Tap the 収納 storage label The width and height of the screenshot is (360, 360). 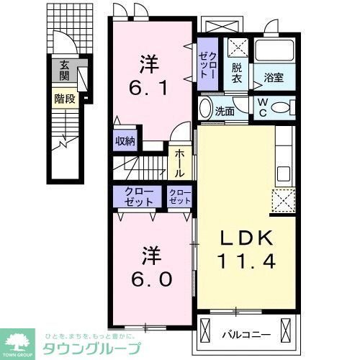(x=125, y=141)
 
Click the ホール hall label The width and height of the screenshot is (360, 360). (x=180, y=163)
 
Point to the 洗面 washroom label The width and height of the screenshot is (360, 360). (x=225, y=111)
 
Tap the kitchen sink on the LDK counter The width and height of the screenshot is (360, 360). (x=283, y=173)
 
